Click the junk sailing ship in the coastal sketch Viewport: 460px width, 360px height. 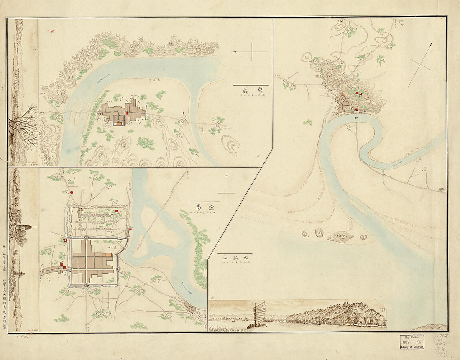[258, 313]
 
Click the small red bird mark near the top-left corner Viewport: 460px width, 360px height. [52, 31]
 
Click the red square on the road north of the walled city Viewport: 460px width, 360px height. [72, 192]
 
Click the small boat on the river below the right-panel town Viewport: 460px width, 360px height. [355, 118]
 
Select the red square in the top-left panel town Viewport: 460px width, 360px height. [127, 113]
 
